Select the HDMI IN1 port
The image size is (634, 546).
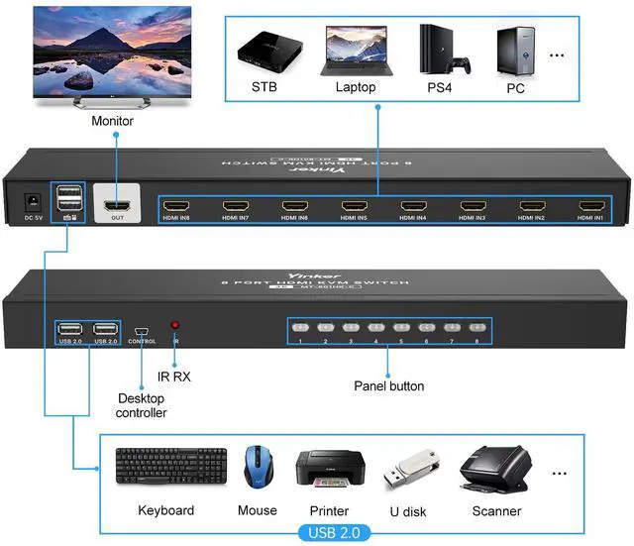tap(591, 208)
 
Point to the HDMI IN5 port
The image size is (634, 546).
tap(356, 208)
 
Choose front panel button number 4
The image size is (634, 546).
tap(376, 327)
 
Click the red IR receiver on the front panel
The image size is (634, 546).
tap(175, 325)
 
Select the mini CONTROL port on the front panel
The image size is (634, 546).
tap(142, 329)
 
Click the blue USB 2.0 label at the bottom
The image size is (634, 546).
tap(337, 532)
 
